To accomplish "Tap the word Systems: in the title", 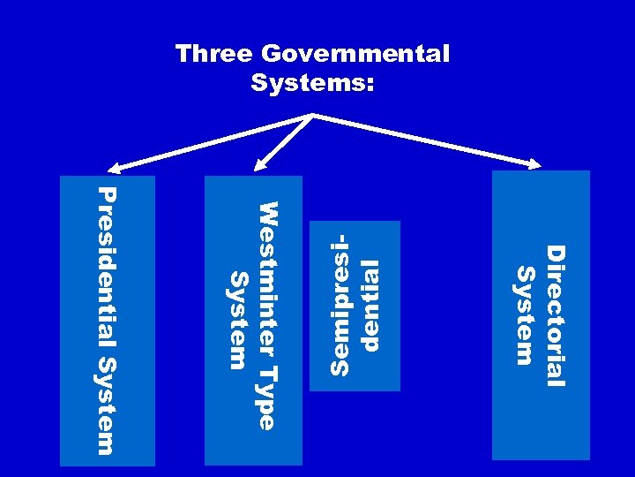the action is pos(312,84).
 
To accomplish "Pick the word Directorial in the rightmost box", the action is pos(554,315).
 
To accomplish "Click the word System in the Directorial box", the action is pos(525,314).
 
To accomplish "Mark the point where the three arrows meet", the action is pos(312,115).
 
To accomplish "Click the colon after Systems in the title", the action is pos(370,86).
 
